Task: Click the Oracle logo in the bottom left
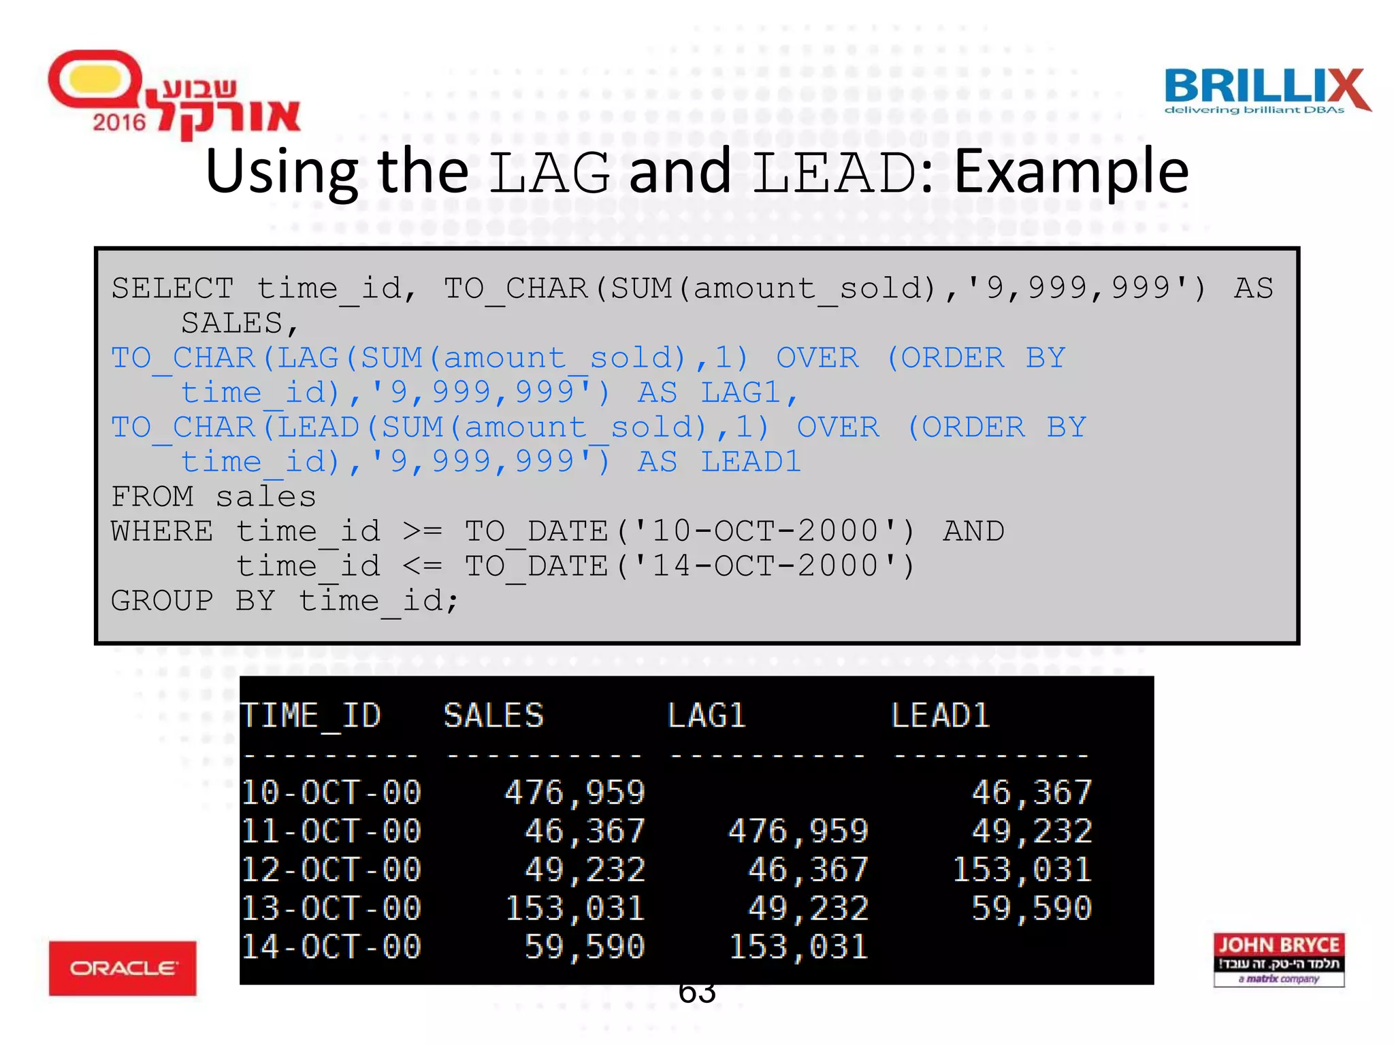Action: tap(123, 967)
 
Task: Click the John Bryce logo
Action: tap(1278, 959)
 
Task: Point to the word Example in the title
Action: tap(1071, 171)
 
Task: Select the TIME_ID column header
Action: tap(311, 716)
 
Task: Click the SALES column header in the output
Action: tap(493, 716)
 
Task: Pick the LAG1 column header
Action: tap(707, 716)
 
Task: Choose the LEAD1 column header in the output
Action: tap(940, 716)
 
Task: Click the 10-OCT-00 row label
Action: tap(331, 793)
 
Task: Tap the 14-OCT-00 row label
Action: tap(331, 947)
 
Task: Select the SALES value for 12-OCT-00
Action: tap(584, 870)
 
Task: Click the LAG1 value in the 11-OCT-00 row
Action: tap(798, 831)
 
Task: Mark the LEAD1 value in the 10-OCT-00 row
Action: tap(1031, 793)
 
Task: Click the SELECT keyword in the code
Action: tap(172, 288)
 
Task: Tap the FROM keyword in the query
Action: tap(152, 497)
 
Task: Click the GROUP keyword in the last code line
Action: tap(162, 601)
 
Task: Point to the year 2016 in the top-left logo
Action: tap(119, 122)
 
